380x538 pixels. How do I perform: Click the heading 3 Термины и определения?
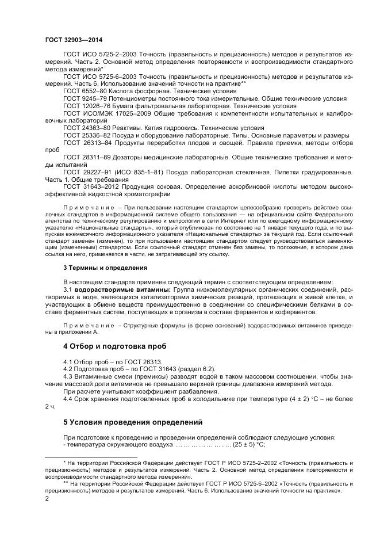click(x=97, y=268)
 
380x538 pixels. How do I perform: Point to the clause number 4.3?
click(x=69, y=376)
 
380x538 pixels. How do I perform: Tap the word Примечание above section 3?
click(x=87, y=205)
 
